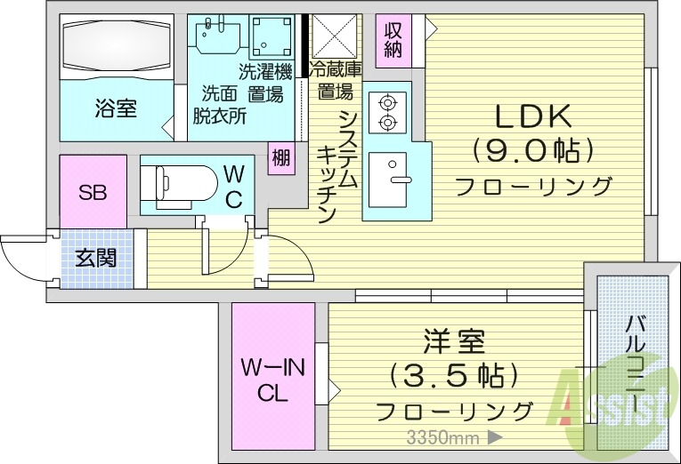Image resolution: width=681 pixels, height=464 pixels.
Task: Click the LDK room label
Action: pos(532,116)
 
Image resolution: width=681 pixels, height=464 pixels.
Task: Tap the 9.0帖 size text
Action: pos(532,151)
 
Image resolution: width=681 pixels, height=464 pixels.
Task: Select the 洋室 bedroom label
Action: pos(454,340)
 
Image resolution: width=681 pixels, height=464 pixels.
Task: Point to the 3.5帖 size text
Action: pos(454,375)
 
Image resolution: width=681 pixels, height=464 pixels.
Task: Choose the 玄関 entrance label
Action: pos(95,259)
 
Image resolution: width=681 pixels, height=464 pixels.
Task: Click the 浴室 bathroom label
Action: pos(116,108)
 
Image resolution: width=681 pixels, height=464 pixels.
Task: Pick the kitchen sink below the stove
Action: pos(389,172)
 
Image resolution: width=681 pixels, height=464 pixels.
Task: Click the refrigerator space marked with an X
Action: pos(332,36)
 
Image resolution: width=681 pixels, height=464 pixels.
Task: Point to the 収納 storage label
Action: pos(393,39)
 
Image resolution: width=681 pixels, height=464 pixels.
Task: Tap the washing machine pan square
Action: pos(271,36)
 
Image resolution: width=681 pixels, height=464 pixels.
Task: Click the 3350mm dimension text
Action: pos(442,436)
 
